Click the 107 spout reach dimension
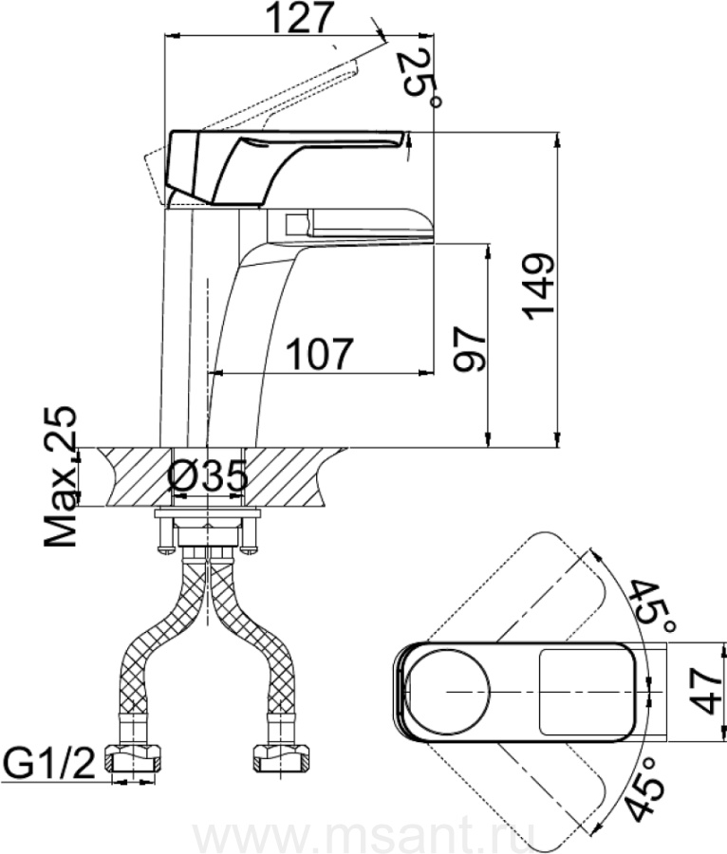pos(319,354)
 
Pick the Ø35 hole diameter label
pos(209,475)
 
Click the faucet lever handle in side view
pos(285,157)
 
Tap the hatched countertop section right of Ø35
pos(294,476)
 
